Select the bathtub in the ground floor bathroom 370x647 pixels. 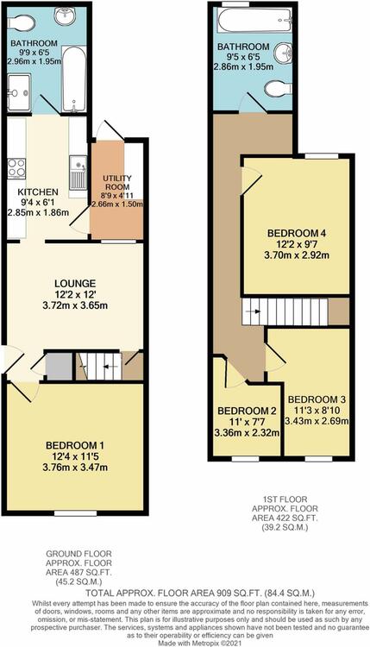click(x=74, y=79)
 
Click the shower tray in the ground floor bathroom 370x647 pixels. click(x=19, y=92)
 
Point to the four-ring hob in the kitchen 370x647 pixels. click(x=16, y=169)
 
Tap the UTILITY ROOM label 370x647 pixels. click(x=116, y=182)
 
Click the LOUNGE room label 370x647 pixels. click(x=75, y=284)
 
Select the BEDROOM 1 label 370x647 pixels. click(x=75, y=445)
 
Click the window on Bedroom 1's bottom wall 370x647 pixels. click(x=76, y=513)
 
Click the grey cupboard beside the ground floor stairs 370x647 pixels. click(x=59, y=366)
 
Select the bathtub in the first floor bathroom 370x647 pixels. click(x=254, y=20)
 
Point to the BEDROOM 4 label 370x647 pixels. click(x=297, y=233)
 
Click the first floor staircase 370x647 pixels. click(x=285, y=311)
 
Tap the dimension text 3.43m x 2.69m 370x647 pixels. click(x=317, y=421)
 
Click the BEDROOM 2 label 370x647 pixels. click(x=247, y=411)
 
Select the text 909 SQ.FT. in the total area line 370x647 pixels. click(x=234, y=594)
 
